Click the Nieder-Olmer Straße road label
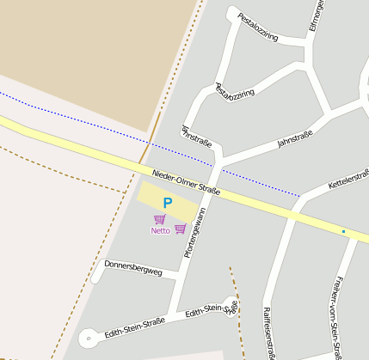point(186,183)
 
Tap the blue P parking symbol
point(168,204)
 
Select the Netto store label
point(160,230)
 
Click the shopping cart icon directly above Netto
point(160,219)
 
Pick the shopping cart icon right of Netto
point(180,228)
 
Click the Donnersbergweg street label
point(133,268)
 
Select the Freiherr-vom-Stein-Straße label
point(336,315)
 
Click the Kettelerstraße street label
point(348,181)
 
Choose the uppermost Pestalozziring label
point(258,27)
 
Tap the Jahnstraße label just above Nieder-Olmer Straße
point(197,135)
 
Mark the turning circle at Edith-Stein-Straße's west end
point(89,339)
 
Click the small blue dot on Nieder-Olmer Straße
point(343,231)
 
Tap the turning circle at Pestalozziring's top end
point(231,14)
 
